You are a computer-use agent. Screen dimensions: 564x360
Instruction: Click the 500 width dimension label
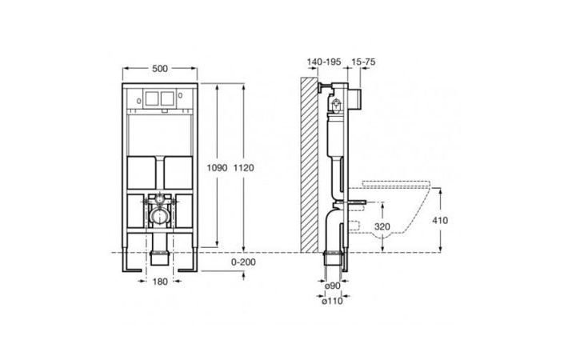160,68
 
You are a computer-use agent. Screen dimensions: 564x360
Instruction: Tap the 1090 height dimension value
217,168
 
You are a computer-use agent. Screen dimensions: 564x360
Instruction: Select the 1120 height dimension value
243,168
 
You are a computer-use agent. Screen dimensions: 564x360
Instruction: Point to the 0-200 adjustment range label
243,262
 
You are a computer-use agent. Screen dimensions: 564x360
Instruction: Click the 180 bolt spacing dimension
160,282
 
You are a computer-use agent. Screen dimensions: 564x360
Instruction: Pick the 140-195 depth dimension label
324,62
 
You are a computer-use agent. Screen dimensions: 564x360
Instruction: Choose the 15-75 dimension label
363,62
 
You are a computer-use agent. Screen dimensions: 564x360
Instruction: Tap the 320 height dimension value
382,226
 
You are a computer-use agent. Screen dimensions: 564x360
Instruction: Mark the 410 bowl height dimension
440,220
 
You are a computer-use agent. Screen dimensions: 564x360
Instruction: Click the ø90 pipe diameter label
332,286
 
